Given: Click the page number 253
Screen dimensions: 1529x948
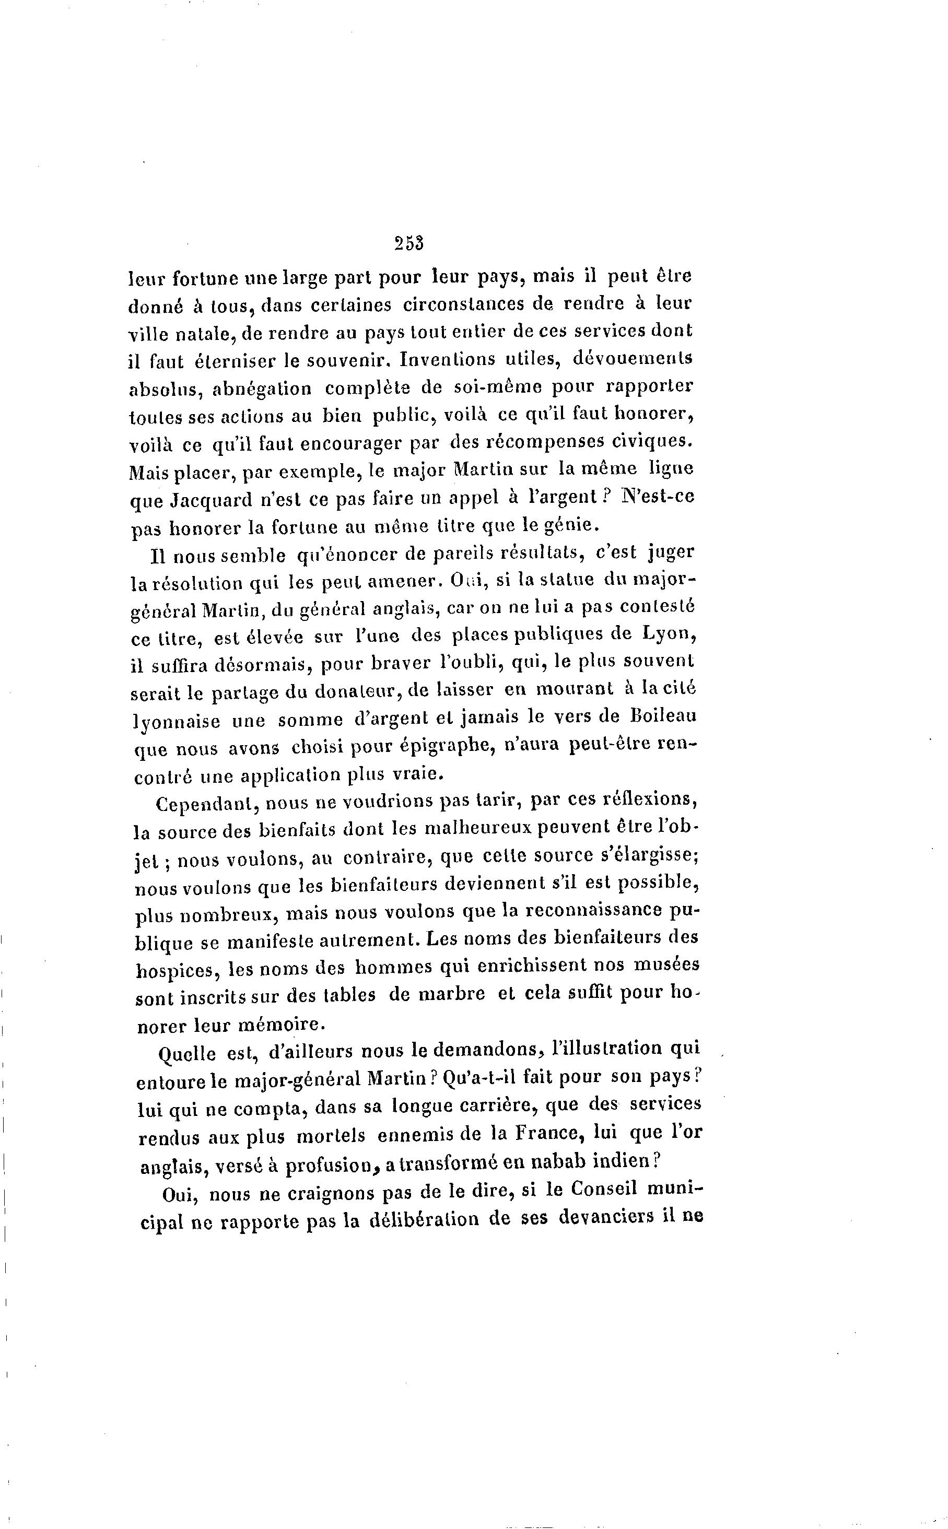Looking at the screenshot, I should (x=409, y=243).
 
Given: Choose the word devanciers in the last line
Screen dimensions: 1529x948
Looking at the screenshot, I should (x=601, y=1218).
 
